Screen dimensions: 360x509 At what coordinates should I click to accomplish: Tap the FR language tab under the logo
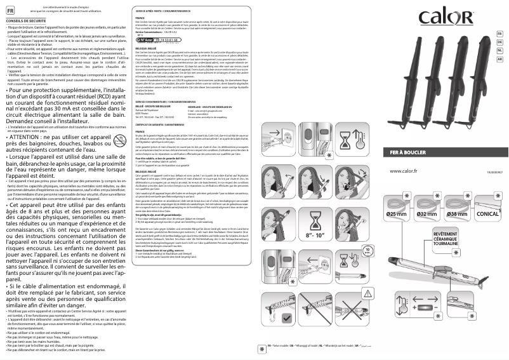pyautogui.click(x=500, y=33)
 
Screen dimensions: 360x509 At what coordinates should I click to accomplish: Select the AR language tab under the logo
pyautogui.click(x=500, y=58)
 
